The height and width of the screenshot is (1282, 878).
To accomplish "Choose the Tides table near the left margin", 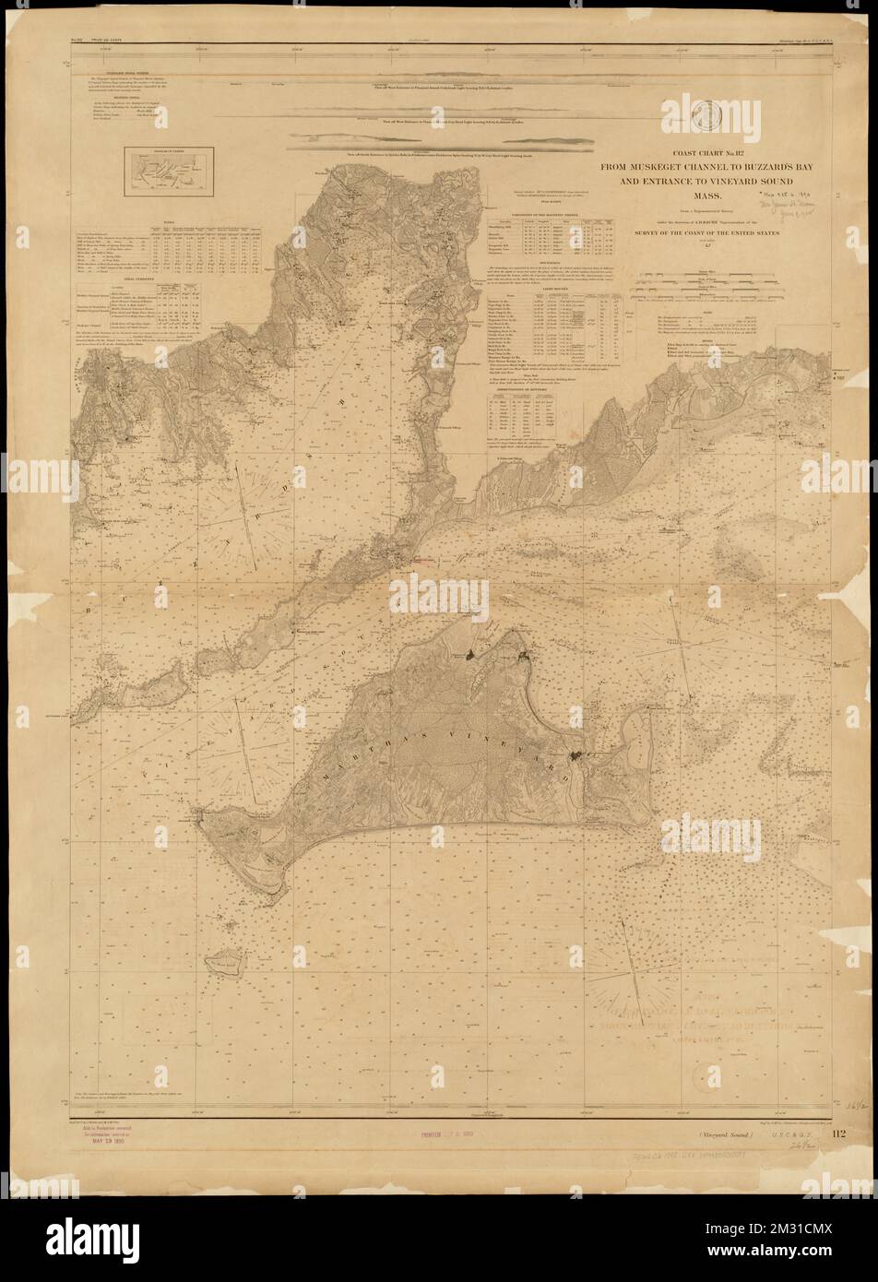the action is [175, 249].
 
